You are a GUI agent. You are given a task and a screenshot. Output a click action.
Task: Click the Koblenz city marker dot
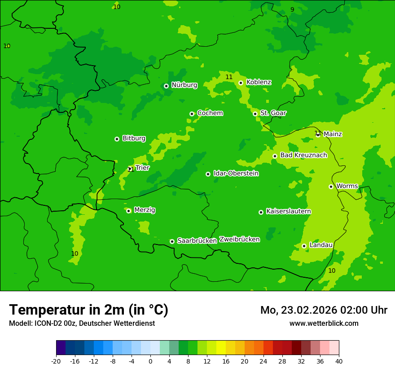point(241,83)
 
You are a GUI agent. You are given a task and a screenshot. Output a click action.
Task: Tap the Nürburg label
point(184,85)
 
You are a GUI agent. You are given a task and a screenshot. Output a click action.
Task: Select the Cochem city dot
point(192,114)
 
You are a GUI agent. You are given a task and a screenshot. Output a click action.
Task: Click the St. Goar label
point(273,113)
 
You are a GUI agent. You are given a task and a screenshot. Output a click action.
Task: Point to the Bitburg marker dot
point(117,139)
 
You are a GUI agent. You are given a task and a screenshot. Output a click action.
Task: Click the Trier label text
point(142,168)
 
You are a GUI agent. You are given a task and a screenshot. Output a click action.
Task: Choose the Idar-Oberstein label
point(236,173)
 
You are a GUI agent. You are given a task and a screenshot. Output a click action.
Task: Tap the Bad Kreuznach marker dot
point(275,156)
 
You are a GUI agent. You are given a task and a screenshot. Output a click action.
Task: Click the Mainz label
point(333,134)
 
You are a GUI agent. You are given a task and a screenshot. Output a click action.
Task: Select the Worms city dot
point(331,186)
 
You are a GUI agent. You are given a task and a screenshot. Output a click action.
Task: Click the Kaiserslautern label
point(288,212)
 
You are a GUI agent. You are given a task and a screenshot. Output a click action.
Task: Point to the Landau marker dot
point(304,246)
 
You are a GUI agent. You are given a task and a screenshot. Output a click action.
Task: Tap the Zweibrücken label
point(239,240)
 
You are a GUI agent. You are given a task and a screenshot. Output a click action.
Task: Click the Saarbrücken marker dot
point(172,241)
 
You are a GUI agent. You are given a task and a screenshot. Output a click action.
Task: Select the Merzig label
point(145,210)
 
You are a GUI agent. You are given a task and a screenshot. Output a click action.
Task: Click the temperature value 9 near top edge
point(292,9)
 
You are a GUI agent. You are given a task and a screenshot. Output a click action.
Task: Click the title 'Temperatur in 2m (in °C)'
point(88,310)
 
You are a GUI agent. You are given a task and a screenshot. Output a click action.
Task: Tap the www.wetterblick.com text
point(324,324)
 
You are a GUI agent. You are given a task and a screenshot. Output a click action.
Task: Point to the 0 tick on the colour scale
point(150,361)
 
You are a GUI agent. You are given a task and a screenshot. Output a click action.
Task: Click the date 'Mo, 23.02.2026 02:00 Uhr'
point(324,310)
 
